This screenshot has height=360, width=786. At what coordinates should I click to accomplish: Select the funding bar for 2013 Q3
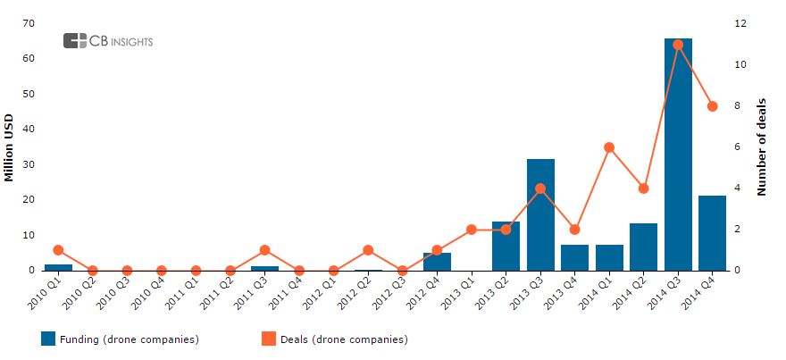coord(540,214)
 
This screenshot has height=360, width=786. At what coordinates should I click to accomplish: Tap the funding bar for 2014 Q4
coord(712,232)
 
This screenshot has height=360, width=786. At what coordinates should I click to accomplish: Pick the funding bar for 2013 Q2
coord(506,246)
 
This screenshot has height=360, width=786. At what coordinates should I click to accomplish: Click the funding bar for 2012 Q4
coord(437,261)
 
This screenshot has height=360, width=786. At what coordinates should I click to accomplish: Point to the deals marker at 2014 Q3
coord(678,45)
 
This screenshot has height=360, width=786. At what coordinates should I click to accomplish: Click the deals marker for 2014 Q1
coord(609,147)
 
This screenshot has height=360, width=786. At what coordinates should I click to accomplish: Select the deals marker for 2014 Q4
coord(712,106)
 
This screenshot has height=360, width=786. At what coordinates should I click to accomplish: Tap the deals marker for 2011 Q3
coord(264,250)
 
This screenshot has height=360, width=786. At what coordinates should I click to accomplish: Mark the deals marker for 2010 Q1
coord(58,250)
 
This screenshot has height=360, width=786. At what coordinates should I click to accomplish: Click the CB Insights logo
coord(108,40)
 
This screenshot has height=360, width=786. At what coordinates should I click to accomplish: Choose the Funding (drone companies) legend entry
coord(120,339)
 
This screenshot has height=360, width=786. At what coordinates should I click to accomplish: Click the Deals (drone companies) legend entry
coord(334,339)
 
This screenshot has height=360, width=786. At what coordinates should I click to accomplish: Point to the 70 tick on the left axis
coord(29,23)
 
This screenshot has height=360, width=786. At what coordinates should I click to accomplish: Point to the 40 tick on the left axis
coord(29,129)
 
